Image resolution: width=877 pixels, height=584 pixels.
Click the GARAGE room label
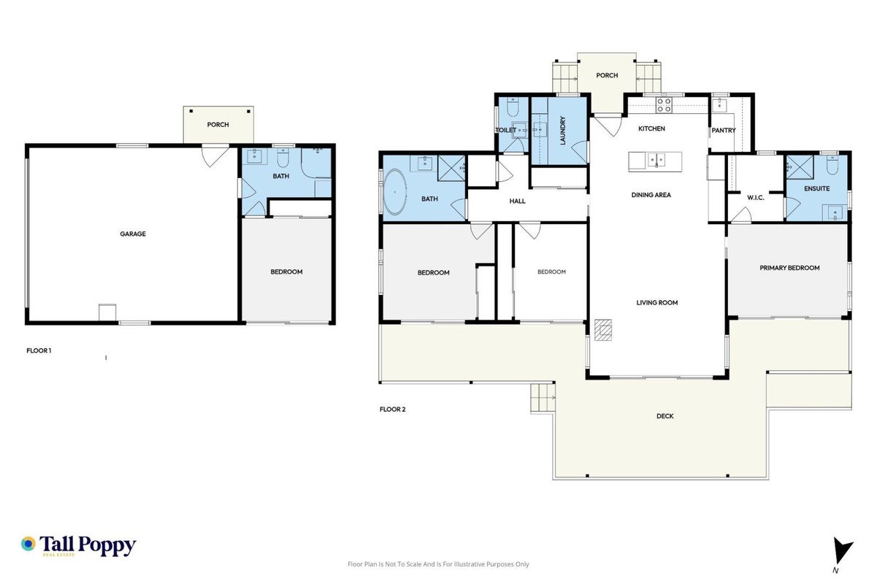point(133,234)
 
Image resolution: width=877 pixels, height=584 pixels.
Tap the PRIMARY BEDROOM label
point(789,268)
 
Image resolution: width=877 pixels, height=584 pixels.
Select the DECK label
point(665,416)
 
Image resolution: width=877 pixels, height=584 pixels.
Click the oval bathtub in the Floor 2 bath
point(394,192)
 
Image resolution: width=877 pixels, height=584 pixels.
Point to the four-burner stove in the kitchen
point(664,105)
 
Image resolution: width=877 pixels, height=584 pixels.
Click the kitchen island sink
point(656,161)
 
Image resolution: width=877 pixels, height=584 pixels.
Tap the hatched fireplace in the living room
point(603,330)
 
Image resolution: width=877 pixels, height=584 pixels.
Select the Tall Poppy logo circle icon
point(28,544)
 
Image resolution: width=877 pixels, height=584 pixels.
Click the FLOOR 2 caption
point(392,410)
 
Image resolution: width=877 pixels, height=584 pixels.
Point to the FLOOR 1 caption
point(39,350)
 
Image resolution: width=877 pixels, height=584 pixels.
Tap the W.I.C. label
point(755,198)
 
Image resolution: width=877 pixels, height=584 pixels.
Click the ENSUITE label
point(816,188)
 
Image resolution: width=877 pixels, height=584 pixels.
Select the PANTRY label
point(724,131)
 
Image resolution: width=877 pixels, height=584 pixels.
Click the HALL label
point(517,201)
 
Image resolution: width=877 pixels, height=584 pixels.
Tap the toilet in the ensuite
point(832,165)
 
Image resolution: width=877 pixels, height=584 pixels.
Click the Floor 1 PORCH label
point(218,125)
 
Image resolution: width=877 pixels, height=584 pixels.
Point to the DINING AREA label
point(651,195)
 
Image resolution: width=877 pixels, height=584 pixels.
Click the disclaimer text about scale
point(438,564)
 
